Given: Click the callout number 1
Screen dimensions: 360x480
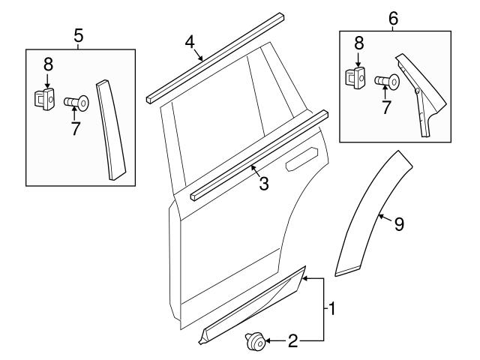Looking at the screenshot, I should [330, 308].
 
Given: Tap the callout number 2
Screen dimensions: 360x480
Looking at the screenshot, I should [293, 342].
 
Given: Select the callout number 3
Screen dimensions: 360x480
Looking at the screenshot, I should [263, 183].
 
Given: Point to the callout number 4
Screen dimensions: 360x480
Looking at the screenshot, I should [190, 42].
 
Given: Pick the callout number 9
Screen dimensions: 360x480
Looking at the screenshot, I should [399, 224].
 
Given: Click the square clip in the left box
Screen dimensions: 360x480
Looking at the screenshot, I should [45, 98].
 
